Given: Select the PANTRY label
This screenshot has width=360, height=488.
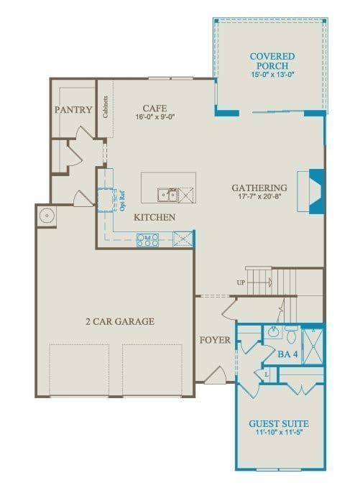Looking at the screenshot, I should coord(73,110).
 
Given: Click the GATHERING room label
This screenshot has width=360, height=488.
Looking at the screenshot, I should coord(259,188).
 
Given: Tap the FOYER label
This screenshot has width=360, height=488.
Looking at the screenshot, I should coord(215,340).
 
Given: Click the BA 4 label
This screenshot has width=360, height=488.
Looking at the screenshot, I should coord(287,354).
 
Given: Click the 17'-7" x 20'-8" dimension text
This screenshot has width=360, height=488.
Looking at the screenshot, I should coord(259,196).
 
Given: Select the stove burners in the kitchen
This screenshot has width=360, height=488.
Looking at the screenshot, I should coord(148,240).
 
